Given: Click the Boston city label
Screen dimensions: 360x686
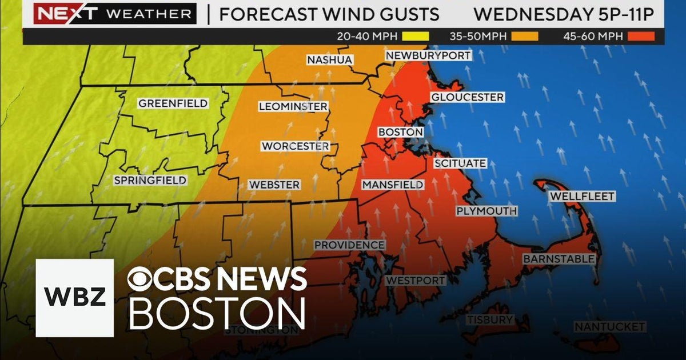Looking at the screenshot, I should pyautogui.click(x=401, y=132).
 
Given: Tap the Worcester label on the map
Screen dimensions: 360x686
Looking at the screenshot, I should pyautogui.click(x=295, y=146).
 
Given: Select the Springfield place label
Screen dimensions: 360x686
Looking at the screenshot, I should pyautogui.click(x=150, y=181).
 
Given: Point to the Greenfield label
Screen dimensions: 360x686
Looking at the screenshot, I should pyautogui.click(x=173, y=103).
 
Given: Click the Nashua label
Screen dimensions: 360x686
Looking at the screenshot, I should pyautogui.click(x=330, y=60).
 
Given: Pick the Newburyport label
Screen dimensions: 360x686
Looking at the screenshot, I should pyautogui.click(x=429, y=55).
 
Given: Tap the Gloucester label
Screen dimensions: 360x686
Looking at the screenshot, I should pyautogui.click(x=467, y=97).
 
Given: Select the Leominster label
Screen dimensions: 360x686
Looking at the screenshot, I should pyautogui.click(x=293, y=107).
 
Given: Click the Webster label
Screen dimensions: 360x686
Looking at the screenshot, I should pyautogui.click(x=274, y=185).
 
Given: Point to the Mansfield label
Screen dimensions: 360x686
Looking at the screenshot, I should pyautogui.click(x=393, y=185).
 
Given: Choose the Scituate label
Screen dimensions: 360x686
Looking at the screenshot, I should pyautogui.click(x=460, y=163).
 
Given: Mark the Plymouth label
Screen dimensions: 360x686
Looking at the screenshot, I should pyautogui.click(x=486, y=211).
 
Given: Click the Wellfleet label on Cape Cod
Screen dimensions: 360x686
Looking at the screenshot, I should pyautogui.click(x=582, y=197).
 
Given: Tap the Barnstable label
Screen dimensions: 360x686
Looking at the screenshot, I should pyautogui.click(x=559, y=259).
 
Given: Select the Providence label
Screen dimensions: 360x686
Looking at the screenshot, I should pyautogui.click(x=349, y=245).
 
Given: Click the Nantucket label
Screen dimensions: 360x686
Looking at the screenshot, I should pyautogui.click(x=609, y=327).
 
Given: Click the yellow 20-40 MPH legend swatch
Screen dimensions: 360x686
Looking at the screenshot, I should pyautogui.click(x=416, y=37).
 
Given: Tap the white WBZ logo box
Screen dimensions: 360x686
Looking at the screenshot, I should pyautogui.click(x=75, y=298).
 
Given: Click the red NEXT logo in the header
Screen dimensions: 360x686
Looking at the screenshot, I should pyautogui.click(x=58, y=13).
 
